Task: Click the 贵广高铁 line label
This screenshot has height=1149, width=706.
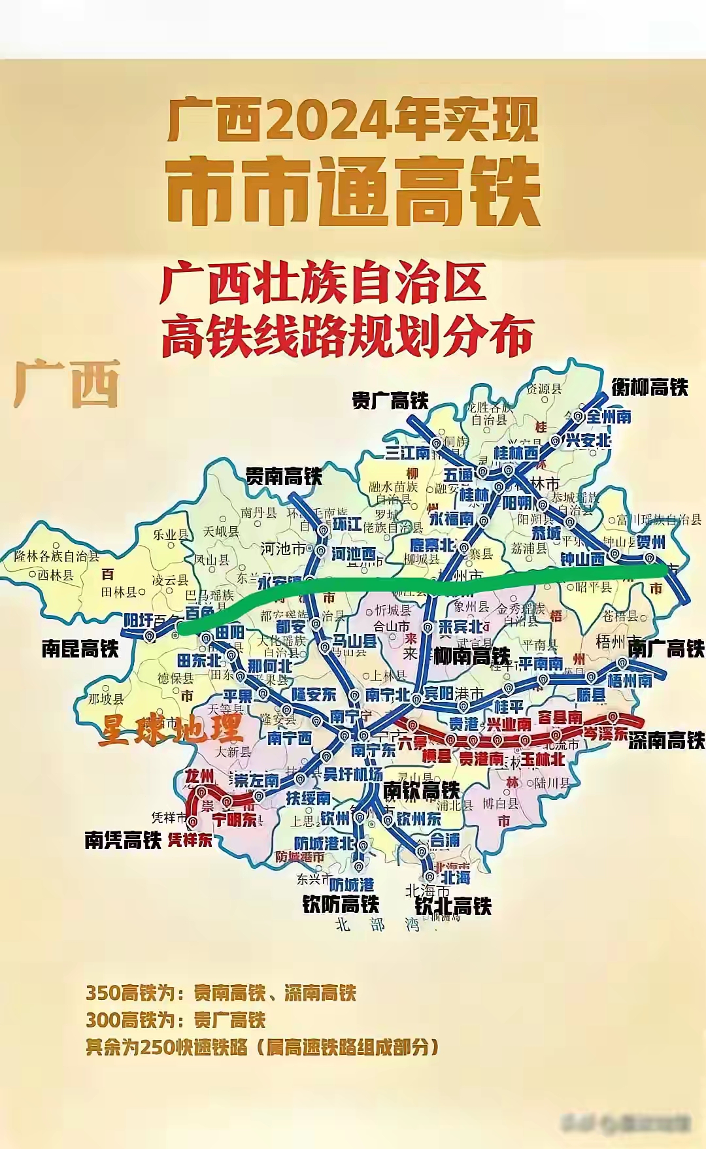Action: (390, 400)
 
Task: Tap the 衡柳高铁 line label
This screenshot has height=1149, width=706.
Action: (650, 387)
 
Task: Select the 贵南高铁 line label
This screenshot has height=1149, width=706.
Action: (284, 476)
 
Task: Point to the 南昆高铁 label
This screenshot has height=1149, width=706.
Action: (80, 648)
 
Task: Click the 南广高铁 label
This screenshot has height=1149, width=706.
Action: (666, 648)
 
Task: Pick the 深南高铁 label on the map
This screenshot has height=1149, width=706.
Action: (667, 740)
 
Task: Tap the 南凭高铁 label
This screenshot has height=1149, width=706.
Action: (122, 840)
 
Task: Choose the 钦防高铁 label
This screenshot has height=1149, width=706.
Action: (341, 904)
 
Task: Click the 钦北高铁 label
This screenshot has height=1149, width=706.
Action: (453, 906)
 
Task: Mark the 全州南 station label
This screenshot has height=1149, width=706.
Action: (609, 416)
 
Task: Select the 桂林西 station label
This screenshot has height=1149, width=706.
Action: (516, 453)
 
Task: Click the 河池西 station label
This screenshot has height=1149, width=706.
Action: (354, 554)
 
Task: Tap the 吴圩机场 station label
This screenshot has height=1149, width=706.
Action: (353, 774)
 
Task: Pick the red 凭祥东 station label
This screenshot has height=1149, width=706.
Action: (190, 840)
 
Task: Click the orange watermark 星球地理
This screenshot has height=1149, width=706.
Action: (171, 729)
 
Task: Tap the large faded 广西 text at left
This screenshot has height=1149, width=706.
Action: (67, 384)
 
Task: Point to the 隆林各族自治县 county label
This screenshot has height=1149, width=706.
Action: (57, 556)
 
